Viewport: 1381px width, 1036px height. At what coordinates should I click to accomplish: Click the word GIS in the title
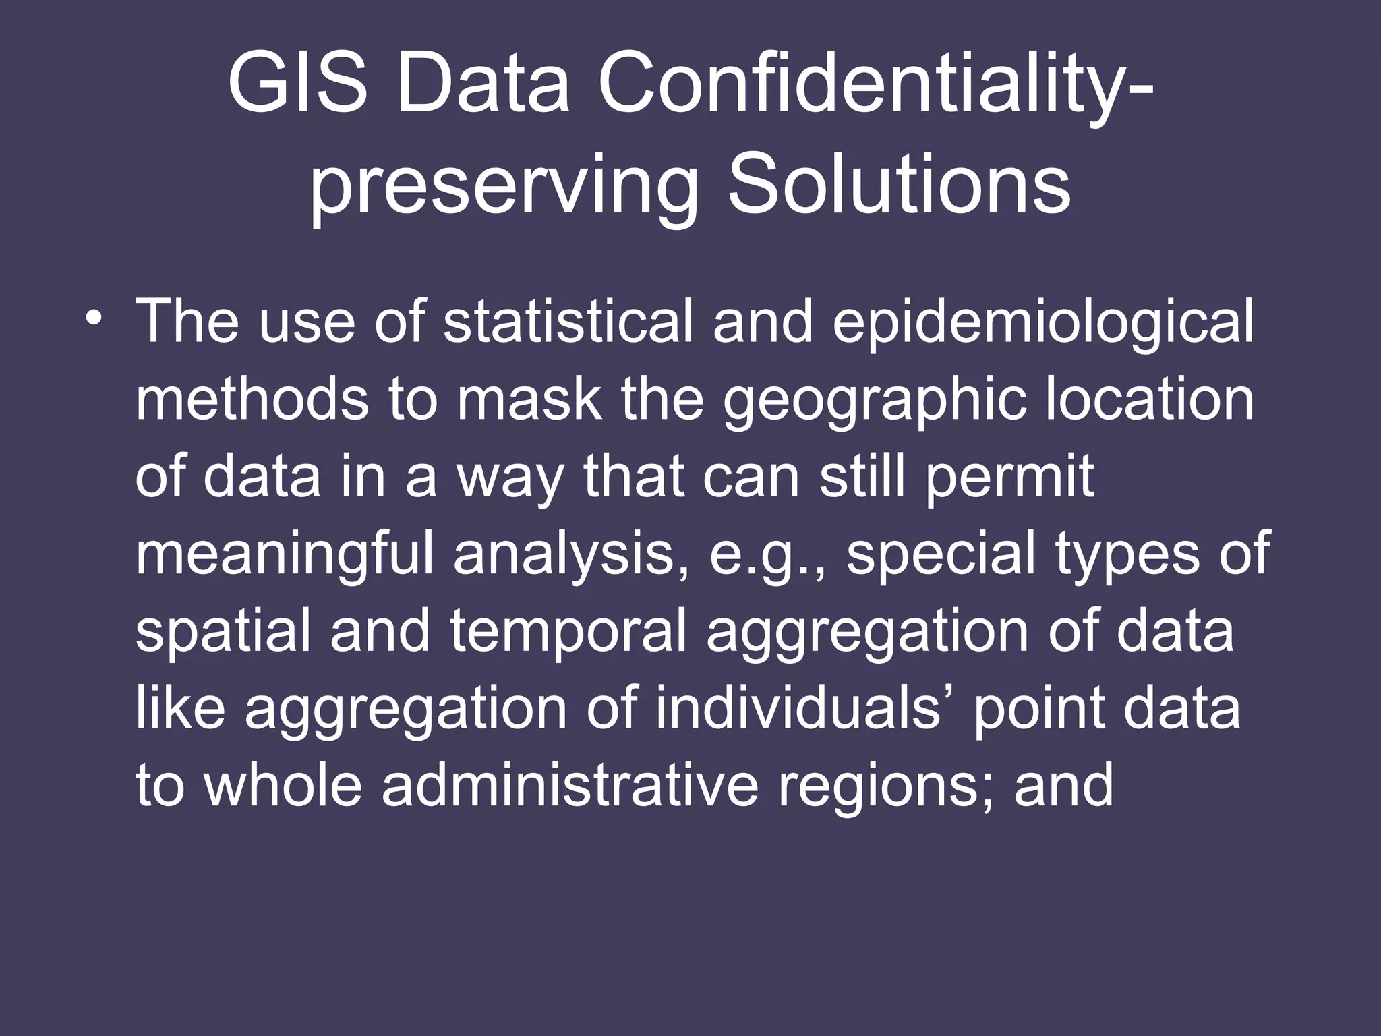(x=297, y=87)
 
